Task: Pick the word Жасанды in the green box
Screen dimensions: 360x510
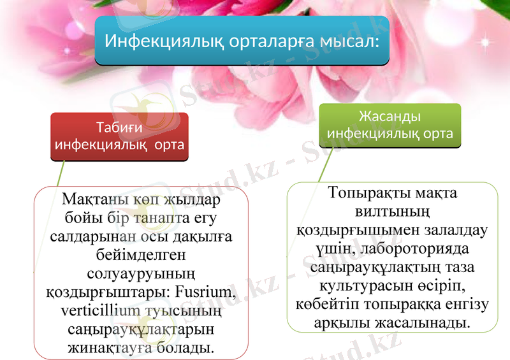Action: point(390,117)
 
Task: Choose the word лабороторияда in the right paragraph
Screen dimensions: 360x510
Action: point(418,247)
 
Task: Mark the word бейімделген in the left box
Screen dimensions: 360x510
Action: point(141,255)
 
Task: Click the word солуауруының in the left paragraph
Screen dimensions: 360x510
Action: point(141,274)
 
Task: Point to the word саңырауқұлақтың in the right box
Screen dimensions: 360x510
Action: point(372,266)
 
